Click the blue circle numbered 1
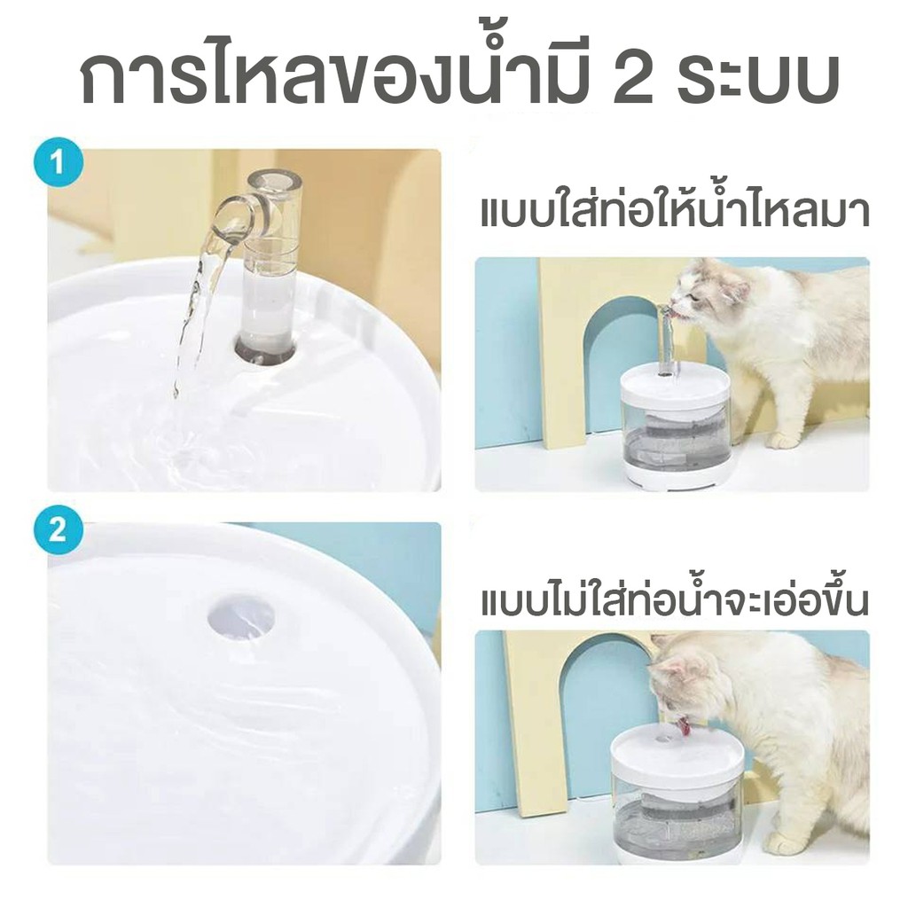pyautogui.click(x=58, y=164)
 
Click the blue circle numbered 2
pyautogui.click(x=58, y=530)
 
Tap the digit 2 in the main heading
pyautogui.click(x=635, y=80)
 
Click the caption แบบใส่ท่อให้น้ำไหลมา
pyautogui.click(x=675, y=211)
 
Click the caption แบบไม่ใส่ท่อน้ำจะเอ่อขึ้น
pyautogui.click(x=675, y=600)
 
